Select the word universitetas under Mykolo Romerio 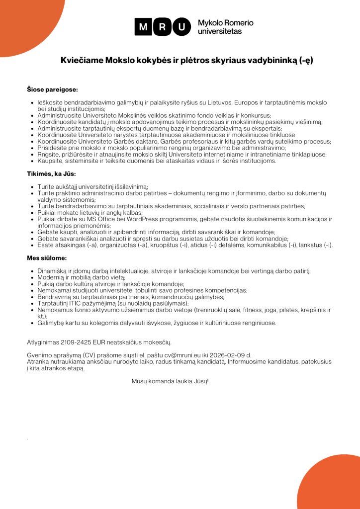point(220,31)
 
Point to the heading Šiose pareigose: point(52,90)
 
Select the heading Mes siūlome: point(47,258)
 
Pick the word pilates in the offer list point(294,310)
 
